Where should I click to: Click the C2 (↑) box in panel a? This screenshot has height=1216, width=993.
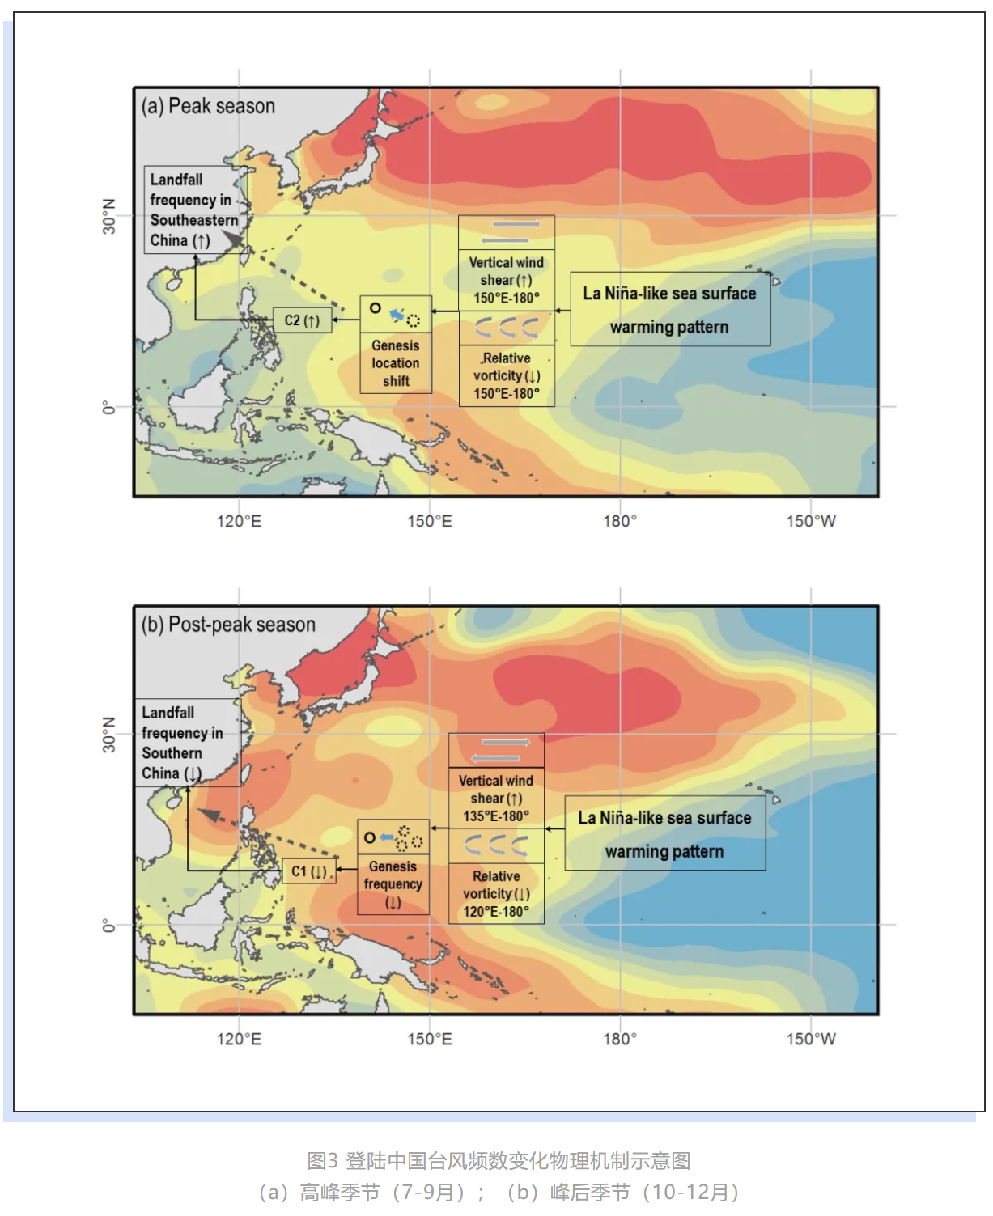coord(302,320)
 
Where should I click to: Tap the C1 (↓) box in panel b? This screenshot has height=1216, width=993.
coord(309,871)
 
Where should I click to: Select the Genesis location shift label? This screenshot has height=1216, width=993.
coord(396,363)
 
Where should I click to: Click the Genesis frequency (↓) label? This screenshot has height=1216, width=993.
coord(393,884)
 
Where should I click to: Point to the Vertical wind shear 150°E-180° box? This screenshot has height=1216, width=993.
coord(506,280)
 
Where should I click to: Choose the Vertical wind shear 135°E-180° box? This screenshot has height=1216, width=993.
coord(496,799)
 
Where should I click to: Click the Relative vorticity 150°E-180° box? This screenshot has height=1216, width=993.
coord(507,376)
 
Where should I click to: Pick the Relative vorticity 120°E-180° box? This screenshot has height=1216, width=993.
coord(496,894)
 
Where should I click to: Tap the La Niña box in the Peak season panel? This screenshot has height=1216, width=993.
coord(670,310)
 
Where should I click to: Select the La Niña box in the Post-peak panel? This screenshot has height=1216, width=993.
coord(664,834)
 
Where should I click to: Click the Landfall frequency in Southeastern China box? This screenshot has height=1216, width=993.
coord(193,210)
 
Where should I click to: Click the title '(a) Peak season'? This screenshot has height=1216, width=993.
coord(208,106)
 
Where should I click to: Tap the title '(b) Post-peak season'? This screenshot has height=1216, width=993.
coord(228,625)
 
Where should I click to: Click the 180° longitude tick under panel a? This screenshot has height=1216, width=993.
coord(620,521)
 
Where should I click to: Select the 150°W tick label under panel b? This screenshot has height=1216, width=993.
coord(811,1039)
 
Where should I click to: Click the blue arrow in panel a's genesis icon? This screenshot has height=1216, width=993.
coord(397,314)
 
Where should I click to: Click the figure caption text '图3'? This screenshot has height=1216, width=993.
coord(322,1161)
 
